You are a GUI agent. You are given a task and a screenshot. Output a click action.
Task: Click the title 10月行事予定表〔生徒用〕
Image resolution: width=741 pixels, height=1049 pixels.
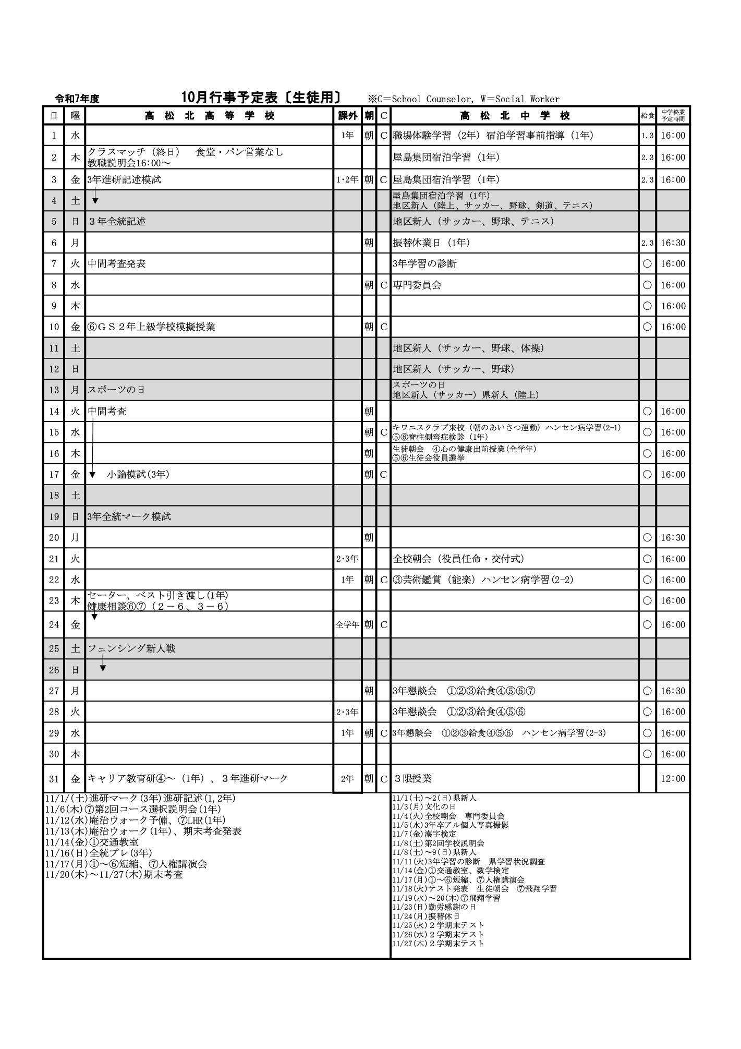[x=261, y=98]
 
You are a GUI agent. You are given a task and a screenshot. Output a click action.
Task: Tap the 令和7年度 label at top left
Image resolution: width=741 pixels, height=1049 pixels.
[x=77, y=99]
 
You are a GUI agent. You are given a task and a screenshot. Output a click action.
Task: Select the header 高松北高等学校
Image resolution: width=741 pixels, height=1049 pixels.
[x=209, y=116]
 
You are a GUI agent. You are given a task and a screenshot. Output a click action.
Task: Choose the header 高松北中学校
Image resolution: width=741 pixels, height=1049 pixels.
[x=515, y=116]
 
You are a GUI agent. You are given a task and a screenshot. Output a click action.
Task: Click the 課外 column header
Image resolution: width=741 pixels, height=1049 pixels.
[x=347, y=116]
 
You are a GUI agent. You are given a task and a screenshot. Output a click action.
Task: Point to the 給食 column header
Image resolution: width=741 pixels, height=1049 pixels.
[x=647, y=116]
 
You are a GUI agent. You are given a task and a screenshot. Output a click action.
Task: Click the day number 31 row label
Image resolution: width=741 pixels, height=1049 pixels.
[x=54, y=779]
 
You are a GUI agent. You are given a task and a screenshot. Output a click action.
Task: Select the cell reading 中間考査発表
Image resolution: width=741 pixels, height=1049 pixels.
[x=117, y=264]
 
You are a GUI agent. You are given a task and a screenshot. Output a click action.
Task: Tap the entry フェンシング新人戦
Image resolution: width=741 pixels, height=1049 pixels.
[x=131, y=648]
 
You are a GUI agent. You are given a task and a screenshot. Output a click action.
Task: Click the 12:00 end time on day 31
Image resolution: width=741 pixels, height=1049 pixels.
[x=673, y=779]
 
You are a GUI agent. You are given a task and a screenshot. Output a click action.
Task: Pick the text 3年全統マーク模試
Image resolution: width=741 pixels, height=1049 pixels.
[x=129, y=516]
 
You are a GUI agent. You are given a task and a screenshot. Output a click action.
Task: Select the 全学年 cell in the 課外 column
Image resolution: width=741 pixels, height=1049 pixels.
[x=347, y=624]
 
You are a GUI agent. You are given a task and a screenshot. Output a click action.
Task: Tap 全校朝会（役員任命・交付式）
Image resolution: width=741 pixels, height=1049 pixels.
[x=458, y=559]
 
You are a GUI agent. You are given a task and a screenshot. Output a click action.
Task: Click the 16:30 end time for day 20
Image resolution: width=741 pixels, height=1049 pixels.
[x=673, y=538]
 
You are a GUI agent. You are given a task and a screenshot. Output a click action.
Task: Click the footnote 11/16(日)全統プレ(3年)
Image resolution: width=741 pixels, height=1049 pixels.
[x=99, y=853]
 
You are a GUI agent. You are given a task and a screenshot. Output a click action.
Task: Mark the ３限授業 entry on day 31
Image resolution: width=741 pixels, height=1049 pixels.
[x=412, y=779]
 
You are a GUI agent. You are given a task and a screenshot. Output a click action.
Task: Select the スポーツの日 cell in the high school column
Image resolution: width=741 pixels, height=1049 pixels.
[x=116, y=390]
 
